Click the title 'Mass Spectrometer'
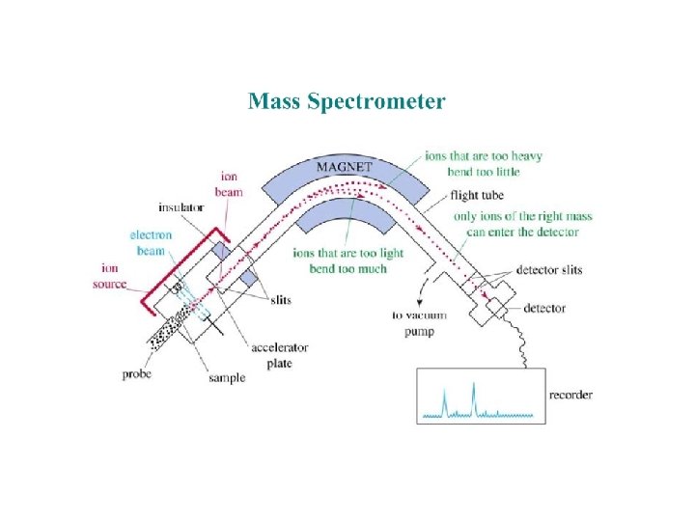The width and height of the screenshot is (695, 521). [x=347, y=101]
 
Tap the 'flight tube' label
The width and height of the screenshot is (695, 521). [x=477, y=196]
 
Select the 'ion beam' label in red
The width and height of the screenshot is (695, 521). [x=230, y=184]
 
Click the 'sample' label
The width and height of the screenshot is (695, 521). [x=227, y=378]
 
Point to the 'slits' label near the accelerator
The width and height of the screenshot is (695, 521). [x=281, y=300]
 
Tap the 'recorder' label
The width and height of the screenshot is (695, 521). [x=570, y=395]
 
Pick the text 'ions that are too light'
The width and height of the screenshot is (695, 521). [x=342, y=253]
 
